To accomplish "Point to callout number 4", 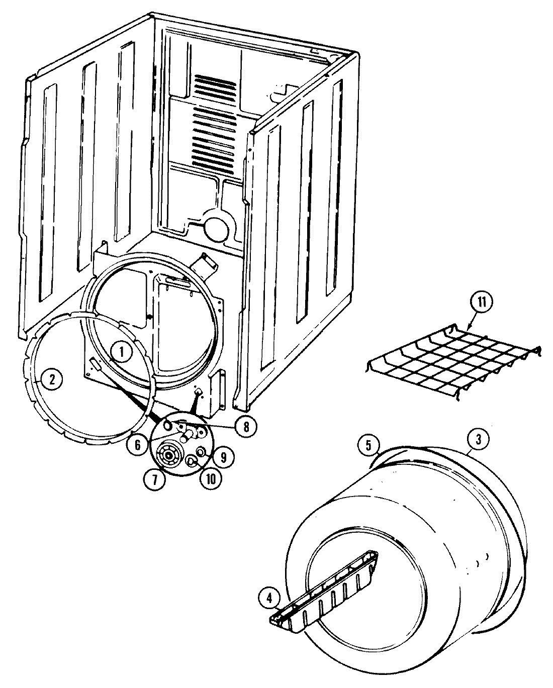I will (x=269, y=598).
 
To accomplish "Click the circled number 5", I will (x=368, y=445).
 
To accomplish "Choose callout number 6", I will (x=138, y=445).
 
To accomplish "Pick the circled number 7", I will (x=154, y=479).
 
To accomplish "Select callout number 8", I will (x=245, y=426).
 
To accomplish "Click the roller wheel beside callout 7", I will (x=167, y=456).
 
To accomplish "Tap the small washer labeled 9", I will (x=202, y=452).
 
